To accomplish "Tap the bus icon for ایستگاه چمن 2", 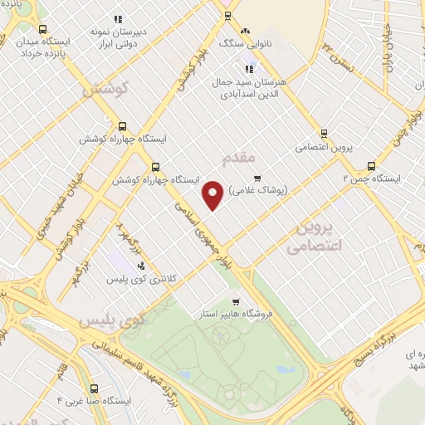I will coord(371,164).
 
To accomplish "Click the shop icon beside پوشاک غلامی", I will coord(257,176).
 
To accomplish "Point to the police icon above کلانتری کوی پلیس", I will coord(141,266).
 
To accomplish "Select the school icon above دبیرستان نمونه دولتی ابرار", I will coord(117,18).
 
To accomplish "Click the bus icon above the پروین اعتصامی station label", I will coord(324,133).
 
